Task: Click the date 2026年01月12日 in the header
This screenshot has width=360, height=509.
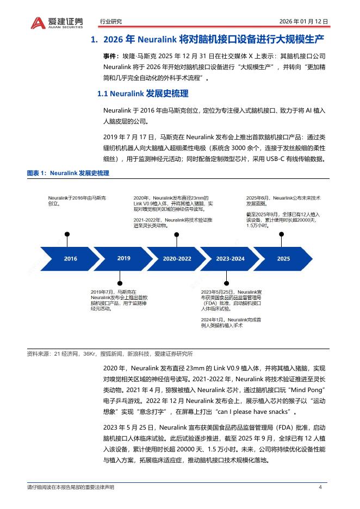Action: (303, 22)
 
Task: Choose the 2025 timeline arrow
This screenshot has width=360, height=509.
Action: (283, 259)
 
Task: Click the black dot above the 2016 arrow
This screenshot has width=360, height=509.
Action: (67, 234)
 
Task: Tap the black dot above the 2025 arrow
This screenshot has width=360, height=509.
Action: (281, 234)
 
